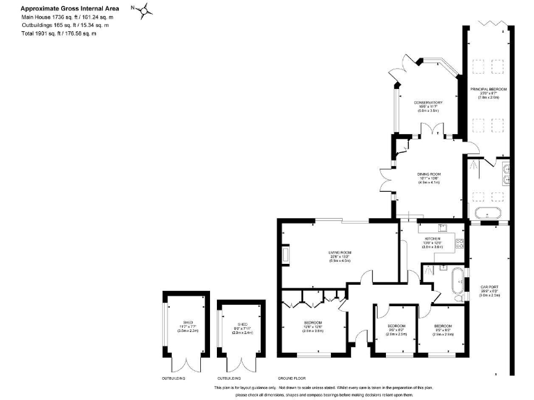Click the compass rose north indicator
[145, 11]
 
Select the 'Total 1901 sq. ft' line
[59, 33]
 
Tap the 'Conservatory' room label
[428, 103]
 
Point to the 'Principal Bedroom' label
[488, 90]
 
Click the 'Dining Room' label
[430, 174]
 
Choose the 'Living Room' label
[339, 252]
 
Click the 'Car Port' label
[488, 286]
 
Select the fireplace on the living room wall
[285, 255]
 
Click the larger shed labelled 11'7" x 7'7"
[186, 326]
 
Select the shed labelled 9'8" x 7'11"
[241, 328]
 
